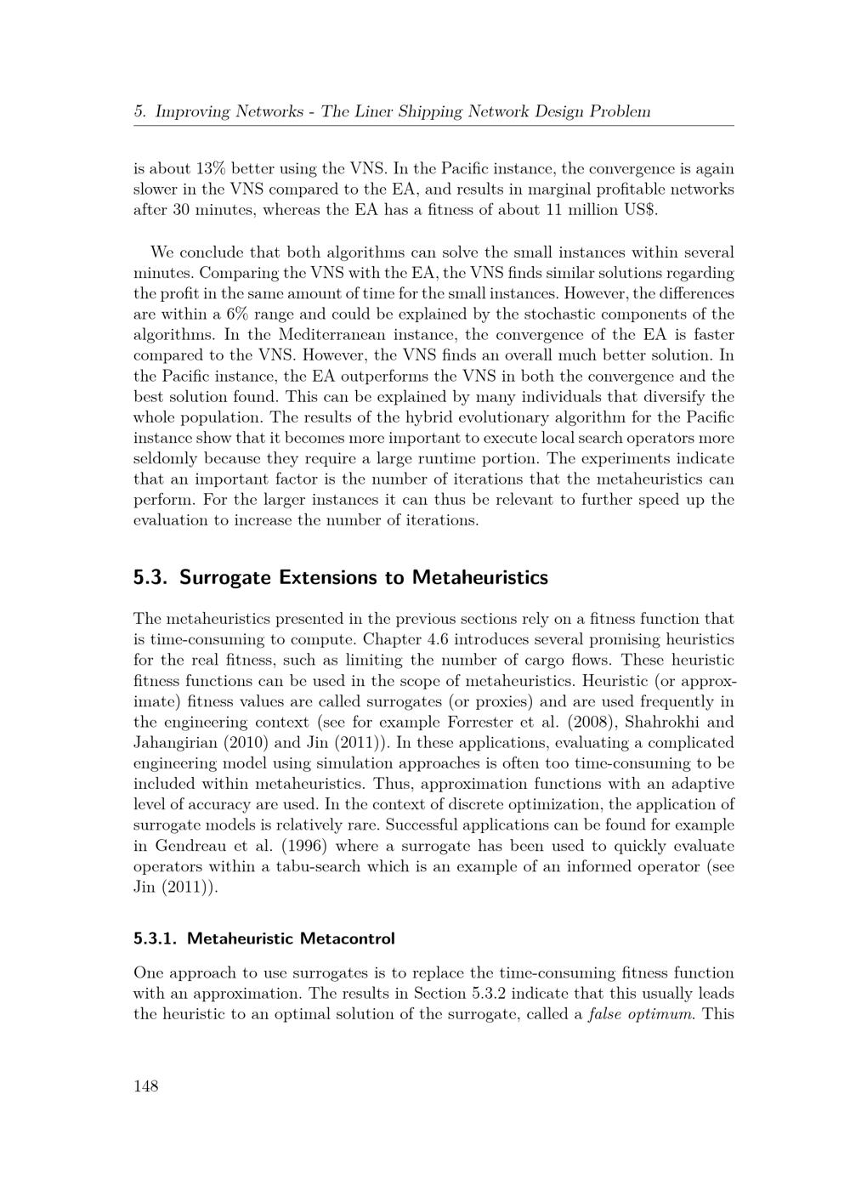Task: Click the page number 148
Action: pos(146,1086)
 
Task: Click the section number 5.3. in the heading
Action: pos(150,578)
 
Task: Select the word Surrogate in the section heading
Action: pos(223,578)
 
